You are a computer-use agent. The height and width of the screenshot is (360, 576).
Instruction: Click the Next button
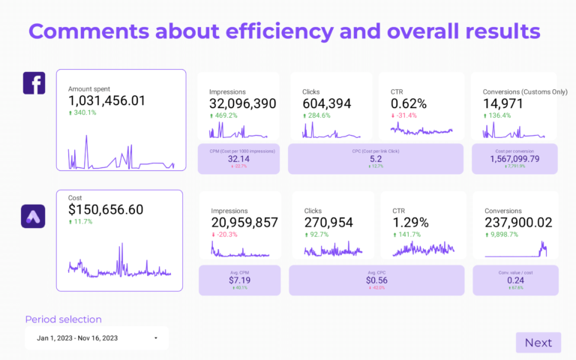538,343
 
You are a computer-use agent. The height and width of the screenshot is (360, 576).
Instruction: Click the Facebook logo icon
34,83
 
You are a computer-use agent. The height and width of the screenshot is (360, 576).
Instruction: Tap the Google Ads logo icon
34,217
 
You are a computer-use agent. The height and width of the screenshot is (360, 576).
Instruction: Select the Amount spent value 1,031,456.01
106,100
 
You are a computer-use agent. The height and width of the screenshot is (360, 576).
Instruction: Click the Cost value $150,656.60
105,210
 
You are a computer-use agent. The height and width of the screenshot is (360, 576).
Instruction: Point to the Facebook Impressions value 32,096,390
242,103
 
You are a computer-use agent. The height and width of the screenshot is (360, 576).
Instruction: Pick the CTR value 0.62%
409,103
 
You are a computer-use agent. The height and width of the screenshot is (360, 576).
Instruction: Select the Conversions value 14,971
502,103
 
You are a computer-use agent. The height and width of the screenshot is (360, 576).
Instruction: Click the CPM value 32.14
238,159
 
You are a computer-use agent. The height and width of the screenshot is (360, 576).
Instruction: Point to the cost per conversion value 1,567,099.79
514,159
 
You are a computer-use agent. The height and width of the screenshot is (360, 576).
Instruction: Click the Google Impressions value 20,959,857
244,222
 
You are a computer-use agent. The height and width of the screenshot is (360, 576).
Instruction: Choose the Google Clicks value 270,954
332,222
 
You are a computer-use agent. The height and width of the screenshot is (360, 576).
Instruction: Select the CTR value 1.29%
410,222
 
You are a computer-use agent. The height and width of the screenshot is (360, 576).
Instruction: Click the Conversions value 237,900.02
518,222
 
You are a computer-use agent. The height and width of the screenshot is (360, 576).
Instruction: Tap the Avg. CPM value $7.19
239,280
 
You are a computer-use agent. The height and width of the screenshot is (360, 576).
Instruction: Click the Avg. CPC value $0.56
377,280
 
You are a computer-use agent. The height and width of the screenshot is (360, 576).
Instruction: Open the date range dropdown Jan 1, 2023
96,338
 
